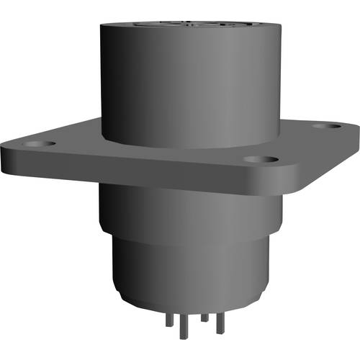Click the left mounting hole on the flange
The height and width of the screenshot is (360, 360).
(x=37, y=145)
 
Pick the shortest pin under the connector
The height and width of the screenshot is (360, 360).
(x=204, y=316)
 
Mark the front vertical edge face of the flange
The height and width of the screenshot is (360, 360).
(x=144, y=173)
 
